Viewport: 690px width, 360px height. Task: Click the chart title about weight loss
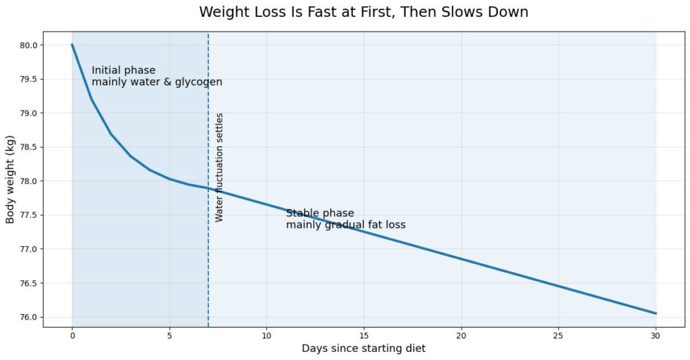click(x=363, y=12)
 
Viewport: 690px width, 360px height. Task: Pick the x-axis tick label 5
click(x=169, y=336)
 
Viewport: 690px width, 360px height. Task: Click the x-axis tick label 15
click(x=363, y=336)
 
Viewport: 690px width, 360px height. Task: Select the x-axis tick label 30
click(x=656, y=336)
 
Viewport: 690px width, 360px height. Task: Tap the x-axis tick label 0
click(x=72, y=336)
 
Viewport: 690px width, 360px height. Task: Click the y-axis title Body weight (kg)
click(x=10, y=179)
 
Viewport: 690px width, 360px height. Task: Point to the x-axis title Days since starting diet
click(x=363, y=349)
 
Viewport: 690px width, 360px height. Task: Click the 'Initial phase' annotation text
click(x=124, y=70)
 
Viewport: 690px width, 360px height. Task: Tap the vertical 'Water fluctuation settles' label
click(x=219, y=167)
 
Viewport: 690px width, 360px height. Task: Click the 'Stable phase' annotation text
click(x=320, y=214)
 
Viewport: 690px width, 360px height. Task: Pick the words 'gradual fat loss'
click(x=365, y=225)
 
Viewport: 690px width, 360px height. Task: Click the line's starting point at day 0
click(x=72, y=44)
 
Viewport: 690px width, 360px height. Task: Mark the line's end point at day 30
click(x=656, y=313)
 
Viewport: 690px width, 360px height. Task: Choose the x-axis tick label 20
click(x=461, y=336)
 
